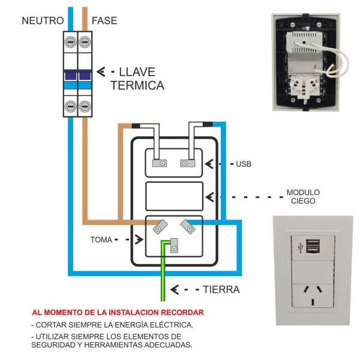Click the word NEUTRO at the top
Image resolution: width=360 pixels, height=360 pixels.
[42, 21]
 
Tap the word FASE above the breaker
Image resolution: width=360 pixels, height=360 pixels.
[104, 21]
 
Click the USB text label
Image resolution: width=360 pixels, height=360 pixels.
[244, 164]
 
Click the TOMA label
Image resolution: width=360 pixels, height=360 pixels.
[101, 239]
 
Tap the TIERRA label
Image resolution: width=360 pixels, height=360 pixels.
[221, 290]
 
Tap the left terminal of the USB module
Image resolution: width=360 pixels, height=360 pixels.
[160, 163]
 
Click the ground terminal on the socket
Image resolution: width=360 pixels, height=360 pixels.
[173, 246]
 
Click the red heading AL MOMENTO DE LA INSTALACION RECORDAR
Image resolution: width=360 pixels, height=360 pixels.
[118, 313]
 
